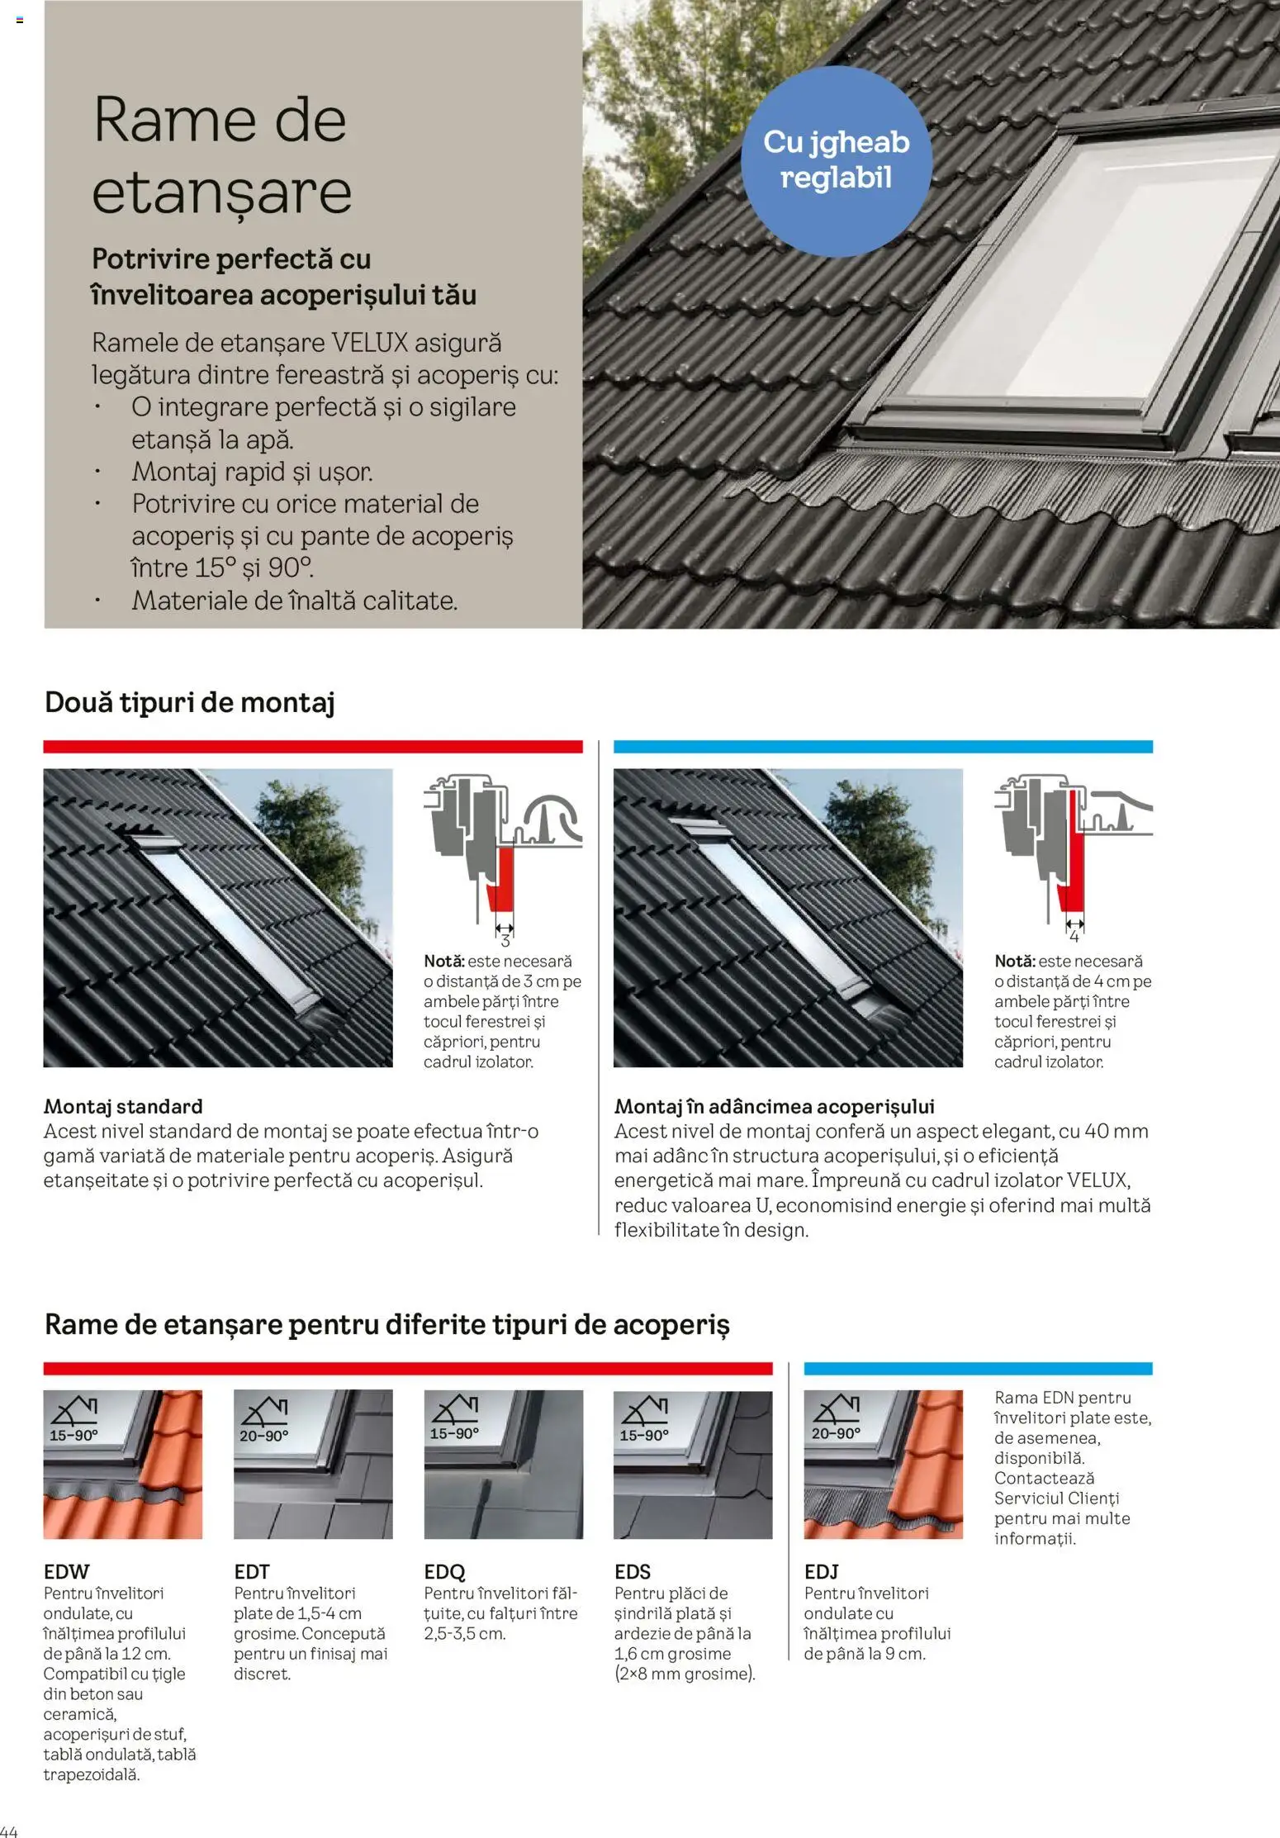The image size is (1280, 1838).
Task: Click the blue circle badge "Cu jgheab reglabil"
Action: point(836,160)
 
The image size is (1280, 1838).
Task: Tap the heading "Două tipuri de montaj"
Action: point(189,702)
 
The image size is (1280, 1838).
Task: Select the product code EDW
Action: point(66,1571)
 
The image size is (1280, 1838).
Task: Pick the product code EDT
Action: point(251,1571)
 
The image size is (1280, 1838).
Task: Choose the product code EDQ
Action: point(444,1571)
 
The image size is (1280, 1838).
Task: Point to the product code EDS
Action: point(632,1571)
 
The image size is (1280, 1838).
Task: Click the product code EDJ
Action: point(821,1571)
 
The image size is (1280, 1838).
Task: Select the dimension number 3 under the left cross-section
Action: point(505,941)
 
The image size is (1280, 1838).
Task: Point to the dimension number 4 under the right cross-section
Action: point(1074,937)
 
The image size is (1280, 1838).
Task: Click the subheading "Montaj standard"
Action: point(123,1106)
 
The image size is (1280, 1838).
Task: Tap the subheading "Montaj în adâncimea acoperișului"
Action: point(774,1106)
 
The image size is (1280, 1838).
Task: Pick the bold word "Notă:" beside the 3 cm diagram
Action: point(443,962)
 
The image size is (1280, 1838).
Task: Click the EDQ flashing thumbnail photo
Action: point(503,1464)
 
